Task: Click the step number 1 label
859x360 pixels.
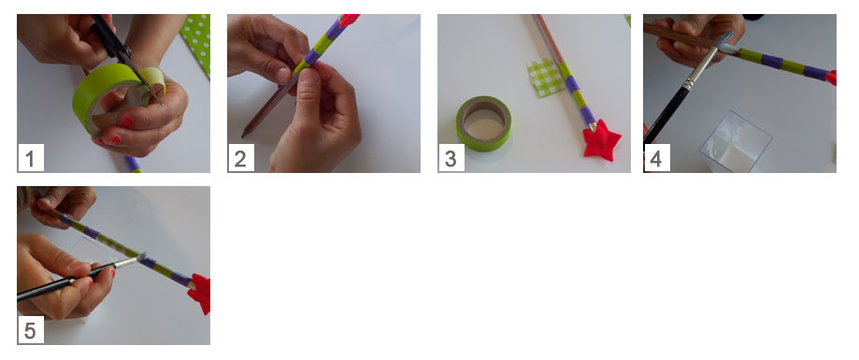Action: pos(31,158)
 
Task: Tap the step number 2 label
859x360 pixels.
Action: pos(240,158)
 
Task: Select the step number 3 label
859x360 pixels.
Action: pos(451,158)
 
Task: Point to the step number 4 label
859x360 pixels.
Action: pos(656,158)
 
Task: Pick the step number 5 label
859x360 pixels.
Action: pos(31,330)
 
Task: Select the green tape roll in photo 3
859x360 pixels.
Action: pos(484,123)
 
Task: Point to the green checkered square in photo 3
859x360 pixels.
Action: pos(545,79)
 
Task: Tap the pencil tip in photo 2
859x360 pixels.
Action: pos(244,134)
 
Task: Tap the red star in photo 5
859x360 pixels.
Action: pos(199,295)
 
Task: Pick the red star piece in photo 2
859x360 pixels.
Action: pos(349,21)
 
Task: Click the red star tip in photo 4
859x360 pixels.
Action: pos(832,78)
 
